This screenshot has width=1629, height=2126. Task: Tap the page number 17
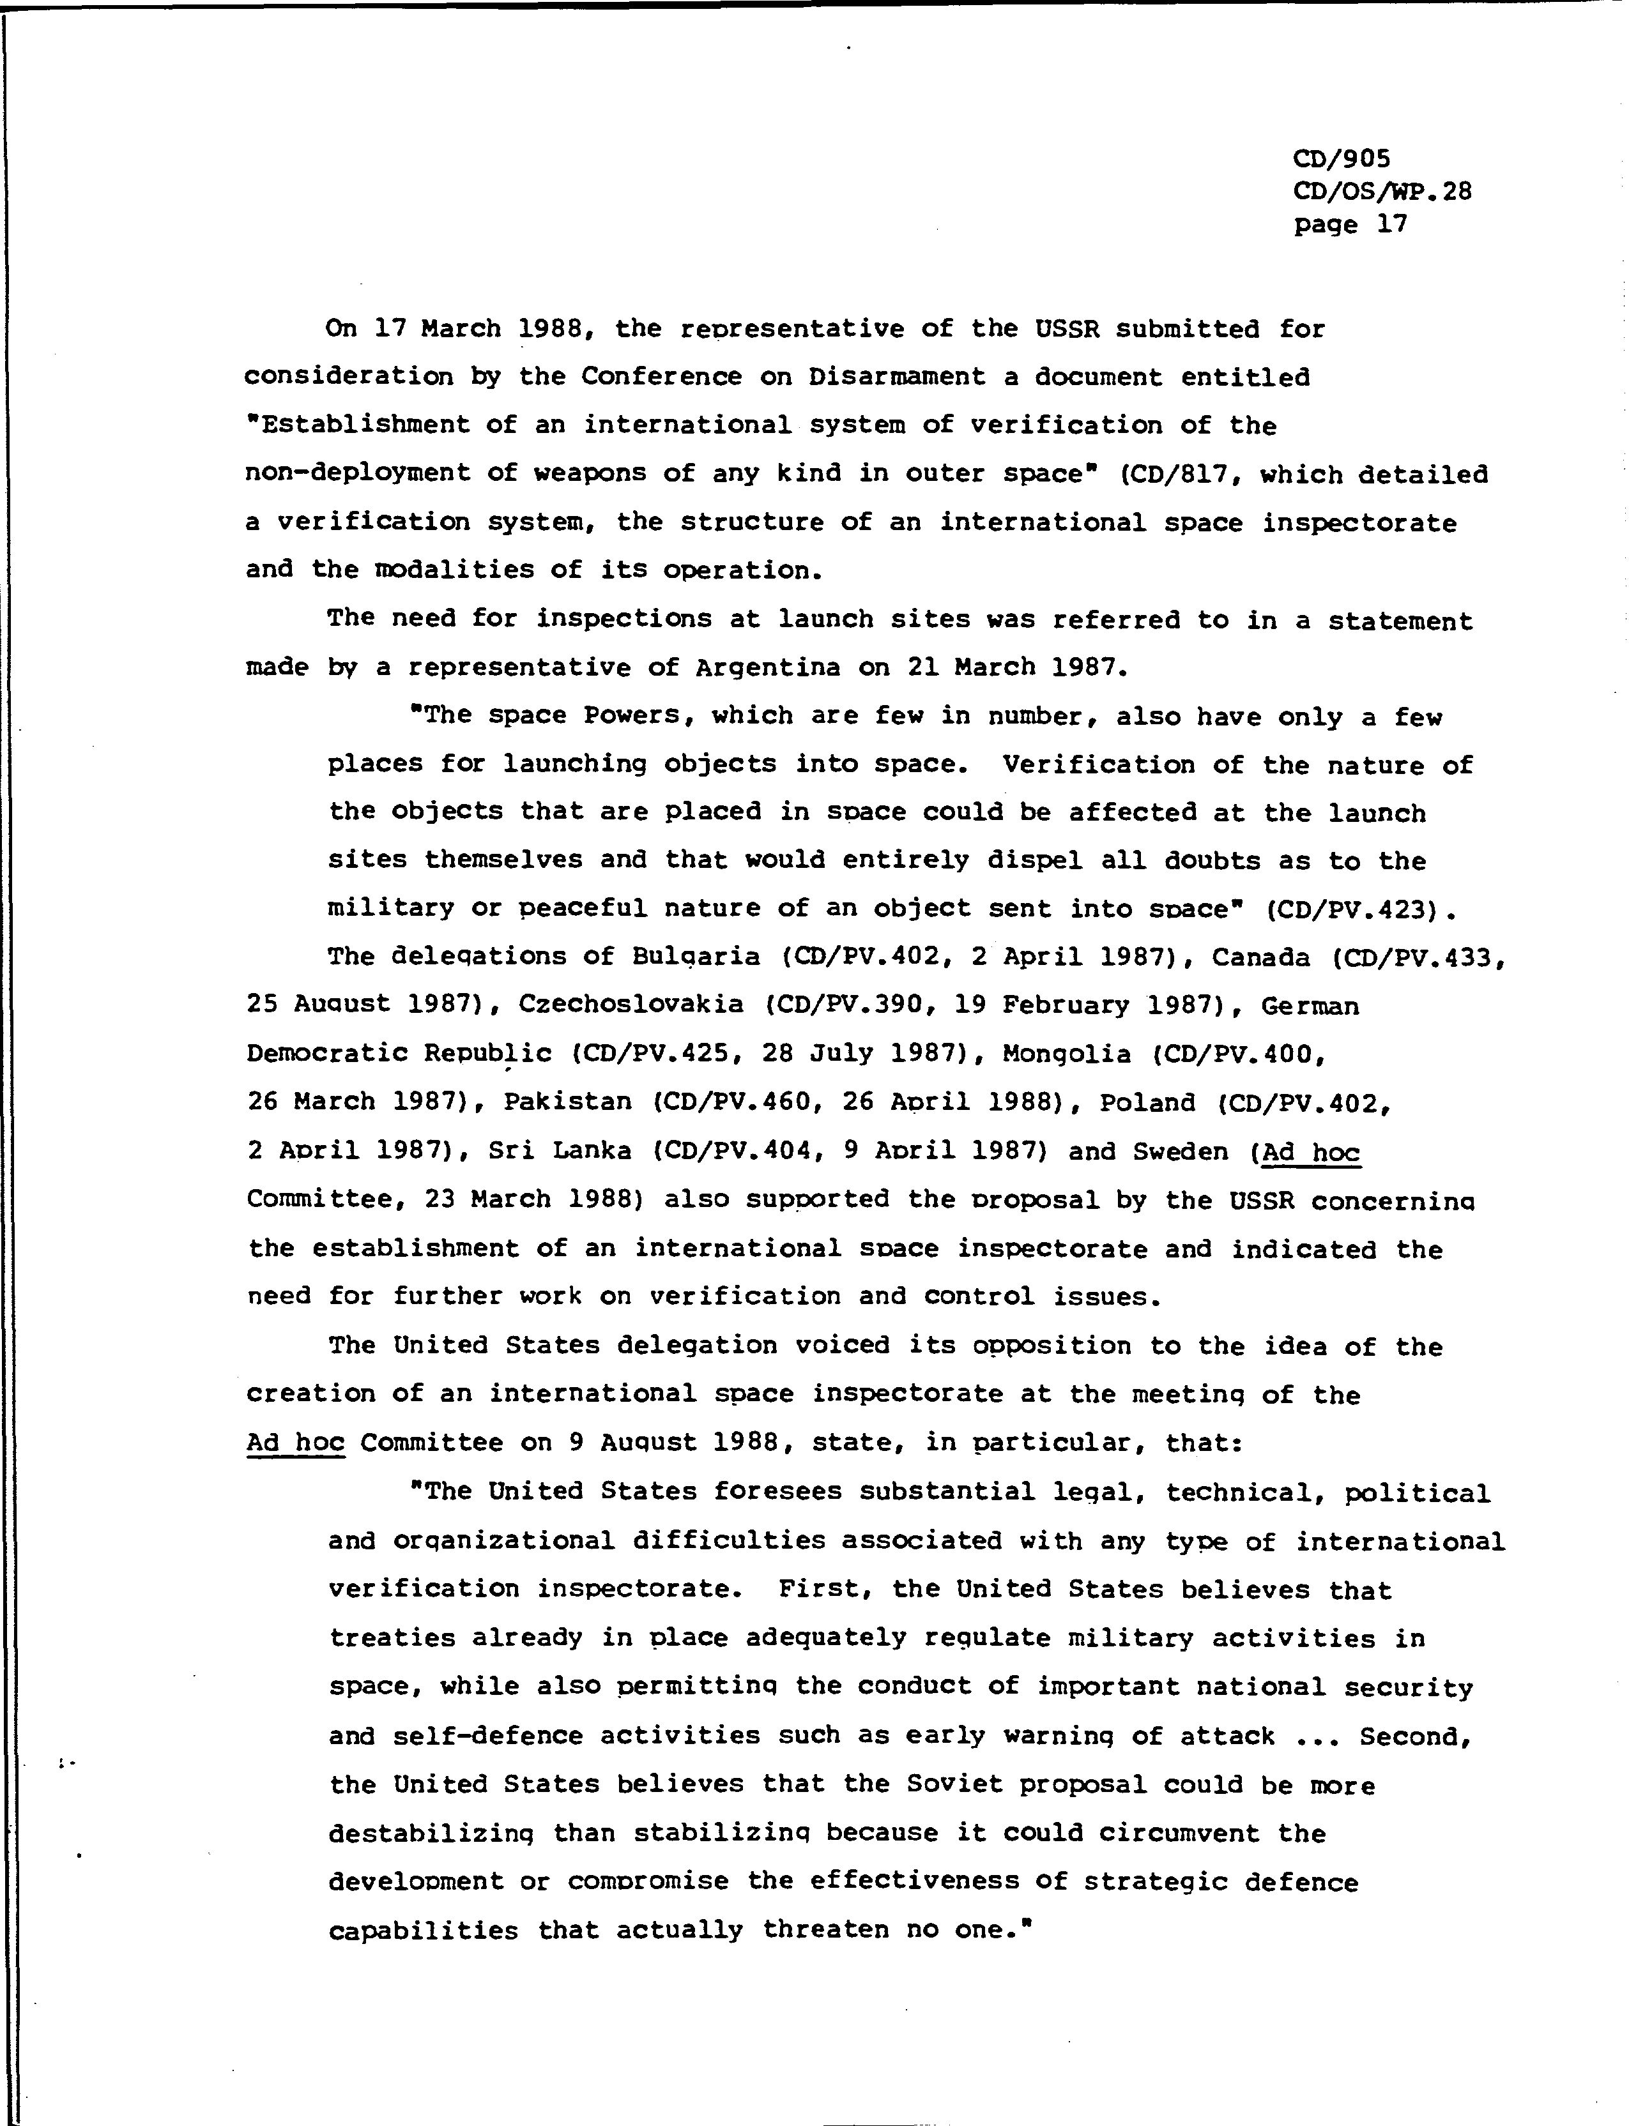[1391, 224]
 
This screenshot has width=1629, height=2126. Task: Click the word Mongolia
[1053, 1054]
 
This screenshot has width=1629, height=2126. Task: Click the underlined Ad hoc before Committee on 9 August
[296, 1443]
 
